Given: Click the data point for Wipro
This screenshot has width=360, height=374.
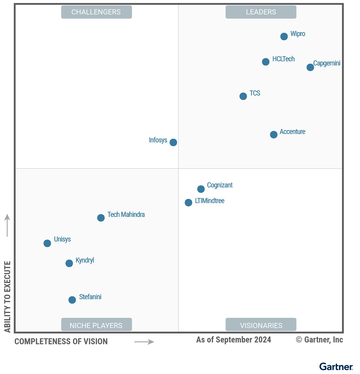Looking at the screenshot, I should coord(284,36).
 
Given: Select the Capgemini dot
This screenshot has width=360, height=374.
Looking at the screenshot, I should coord(310,67).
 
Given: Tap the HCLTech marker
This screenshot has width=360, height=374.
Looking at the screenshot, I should coord(265,62).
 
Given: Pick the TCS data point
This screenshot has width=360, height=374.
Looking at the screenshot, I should coord(243,96).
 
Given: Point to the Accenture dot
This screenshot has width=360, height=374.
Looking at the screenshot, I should coord(274,135).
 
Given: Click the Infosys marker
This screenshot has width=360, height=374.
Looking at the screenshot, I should coord(173,142).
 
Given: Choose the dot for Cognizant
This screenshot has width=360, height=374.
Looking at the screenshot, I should coord(201,189).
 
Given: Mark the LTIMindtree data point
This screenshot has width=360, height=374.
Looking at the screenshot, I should coord(188,202).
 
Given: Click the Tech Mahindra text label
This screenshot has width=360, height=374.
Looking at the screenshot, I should coord(126,214).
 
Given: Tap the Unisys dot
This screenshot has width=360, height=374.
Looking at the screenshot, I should coord(47,243).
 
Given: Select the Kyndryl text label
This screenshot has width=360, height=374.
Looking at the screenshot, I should coord(85,260).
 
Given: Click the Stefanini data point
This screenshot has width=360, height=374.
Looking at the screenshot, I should coord(72,300).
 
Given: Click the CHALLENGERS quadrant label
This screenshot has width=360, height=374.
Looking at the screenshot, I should coord(96,12).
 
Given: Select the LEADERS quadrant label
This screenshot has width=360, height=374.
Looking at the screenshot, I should coord(261,12).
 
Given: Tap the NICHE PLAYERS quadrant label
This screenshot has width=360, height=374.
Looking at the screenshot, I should coord(96,325).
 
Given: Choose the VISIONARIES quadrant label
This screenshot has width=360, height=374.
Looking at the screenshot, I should coord(261,325).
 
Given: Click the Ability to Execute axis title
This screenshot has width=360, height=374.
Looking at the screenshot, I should coord(7,296).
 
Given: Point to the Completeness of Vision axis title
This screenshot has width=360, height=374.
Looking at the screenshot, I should coord(61,342).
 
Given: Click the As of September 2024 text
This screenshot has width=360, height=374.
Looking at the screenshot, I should coord(233,340).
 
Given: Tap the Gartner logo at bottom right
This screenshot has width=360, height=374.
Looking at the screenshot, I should coord(336,367).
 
